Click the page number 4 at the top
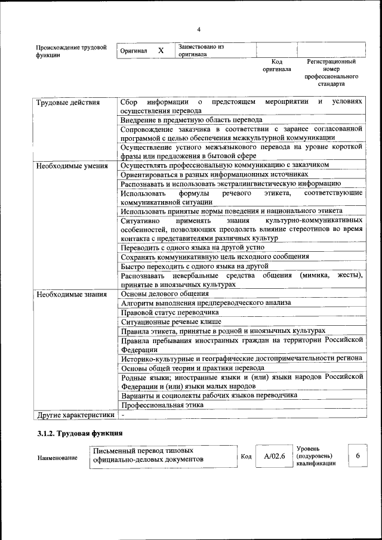click(x=199, y=30)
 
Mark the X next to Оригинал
click(x=161, y=51)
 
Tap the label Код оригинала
click(x=276, y=65)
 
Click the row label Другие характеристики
click(x=75, y=414)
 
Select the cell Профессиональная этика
click(x=162, y=405)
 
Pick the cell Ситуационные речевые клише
click(x=171, y=321)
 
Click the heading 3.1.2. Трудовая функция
click(x=80, y=433)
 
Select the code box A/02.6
click(x=275, y=456)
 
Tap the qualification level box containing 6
click(x=358, y=456)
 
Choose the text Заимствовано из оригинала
click(x=201, y=50)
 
